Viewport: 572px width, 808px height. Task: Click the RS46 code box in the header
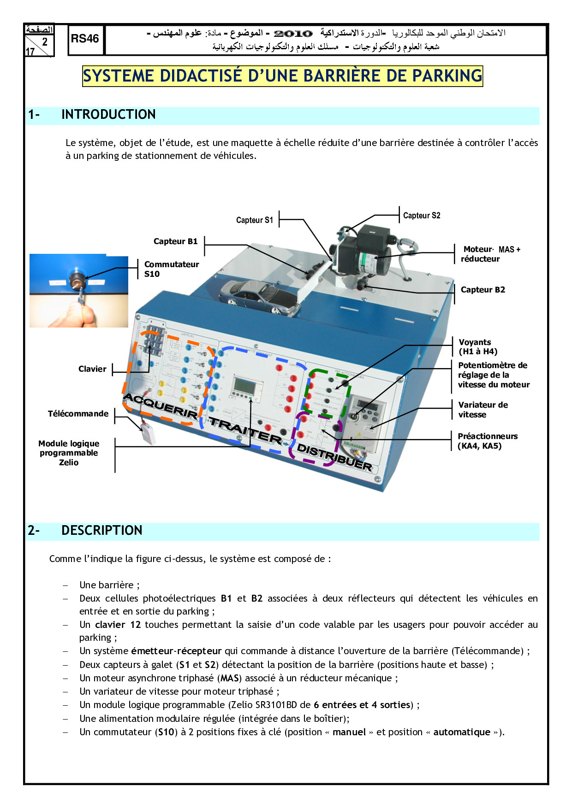pos(85,40)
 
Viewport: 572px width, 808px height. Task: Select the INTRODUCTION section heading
pos(108,115)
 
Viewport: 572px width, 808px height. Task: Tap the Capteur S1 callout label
pos(254,220)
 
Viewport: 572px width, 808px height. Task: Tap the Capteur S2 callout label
pos(422,216)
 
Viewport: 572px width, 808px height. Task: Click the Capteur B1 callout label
pos(175,241)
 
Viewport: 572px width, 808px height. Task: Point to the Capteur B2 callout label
pos(483,290)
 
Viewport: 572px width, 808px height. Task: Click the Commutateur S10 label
pos(171,269)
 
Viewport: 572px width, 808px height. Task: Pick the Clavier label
pos(92,369)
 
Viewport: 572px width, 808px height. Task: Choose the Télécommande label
pos(78,414)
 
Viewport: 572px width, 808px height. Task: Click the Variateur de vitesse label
pos(483,410)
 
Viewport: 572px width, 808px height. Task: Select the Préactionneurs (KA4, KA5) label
pos(487,441)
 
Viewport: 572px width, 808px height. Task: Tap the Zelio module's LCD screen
pos(244,385)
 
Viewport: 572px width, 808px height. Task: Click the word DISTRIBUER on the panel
pos(334,457)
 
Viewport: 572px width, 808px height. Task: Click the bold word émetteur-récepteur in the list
pos(176,651)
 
